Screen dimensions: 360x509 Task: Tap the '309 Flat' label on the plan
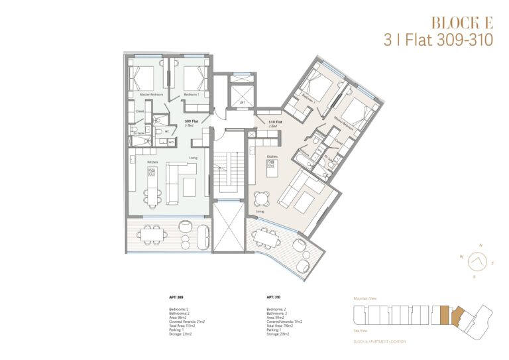coord(192,122)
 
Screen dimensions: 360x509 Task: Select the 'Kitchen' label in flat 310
coord(271,157)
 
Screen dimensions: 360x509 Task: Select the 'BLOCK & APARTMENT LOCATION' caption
coord(380,341)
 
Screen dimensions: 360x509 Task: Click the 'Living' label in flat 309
coord(193,158)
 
